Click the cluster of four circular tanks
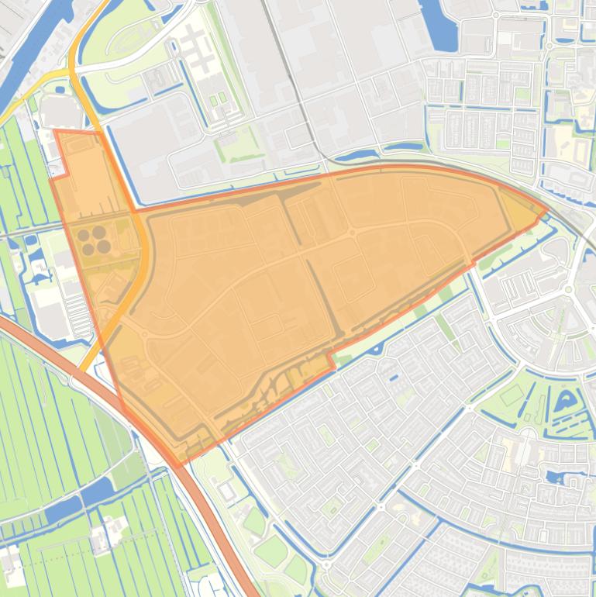[x=92, y=240]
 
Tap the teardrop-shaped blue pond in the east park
[x=565, y=402]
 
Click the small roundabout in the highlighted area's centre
[x=352, y=232]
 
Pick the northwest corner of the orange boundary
[x=55, y=131]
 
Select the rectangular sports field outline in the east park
[x=511, y=396]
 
